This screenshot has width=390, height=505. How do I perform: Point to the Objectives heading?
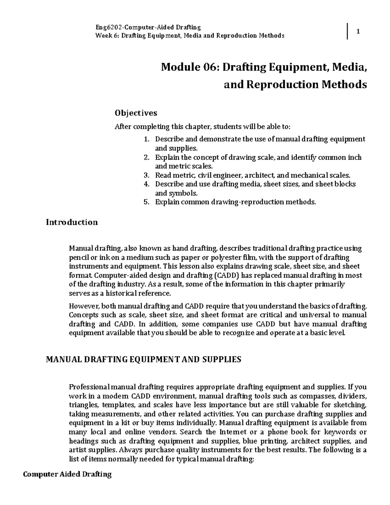click(x=136, y=113)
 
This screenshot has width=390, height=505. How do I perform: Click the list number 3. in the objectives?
click(x=146, y=175)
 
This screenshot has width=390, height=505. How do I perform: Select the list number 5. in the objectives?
click(x=146, y=202)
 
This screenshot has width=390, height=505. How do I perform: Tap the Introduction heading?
click(x=71, y=222)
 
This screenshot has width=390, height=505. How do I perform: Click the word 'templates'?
click(x=120, y=405)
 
